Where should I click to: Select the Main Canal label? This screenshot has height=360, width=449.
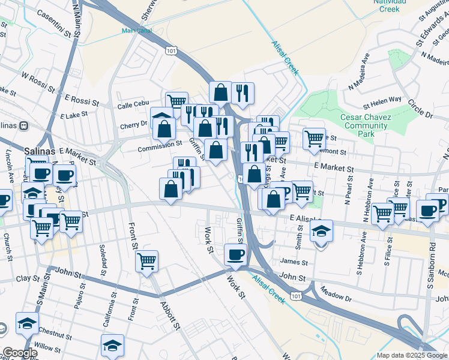(x=137, y=30)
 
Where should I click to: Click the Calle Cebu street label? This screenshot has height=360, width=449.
(x=133, y=105)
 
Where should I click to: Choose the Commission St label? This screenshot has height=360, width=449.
(x=160, y=145)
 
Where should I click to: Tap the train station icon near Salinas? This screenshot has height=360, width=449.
(x=24, y=126)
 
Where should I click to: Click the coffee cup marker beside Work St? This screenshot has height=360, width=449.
(x=235, y=254)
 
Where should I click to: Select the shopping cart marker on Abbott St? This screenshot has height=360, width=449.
(x=147, y=261)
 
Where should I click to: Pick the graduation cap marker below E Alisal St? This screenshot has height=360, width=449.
(x=322, y=230)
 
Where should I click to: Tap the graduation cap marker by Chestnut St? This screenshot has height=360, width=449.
(x=27, y=323)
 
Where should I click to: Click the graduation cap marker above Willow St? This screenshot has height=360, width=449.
(x=112, y=345)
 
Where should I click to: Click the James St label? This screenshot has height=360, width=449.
(x=294, y=262)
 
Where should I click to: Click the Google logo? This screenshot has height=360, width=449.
(x=19, y=353)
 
